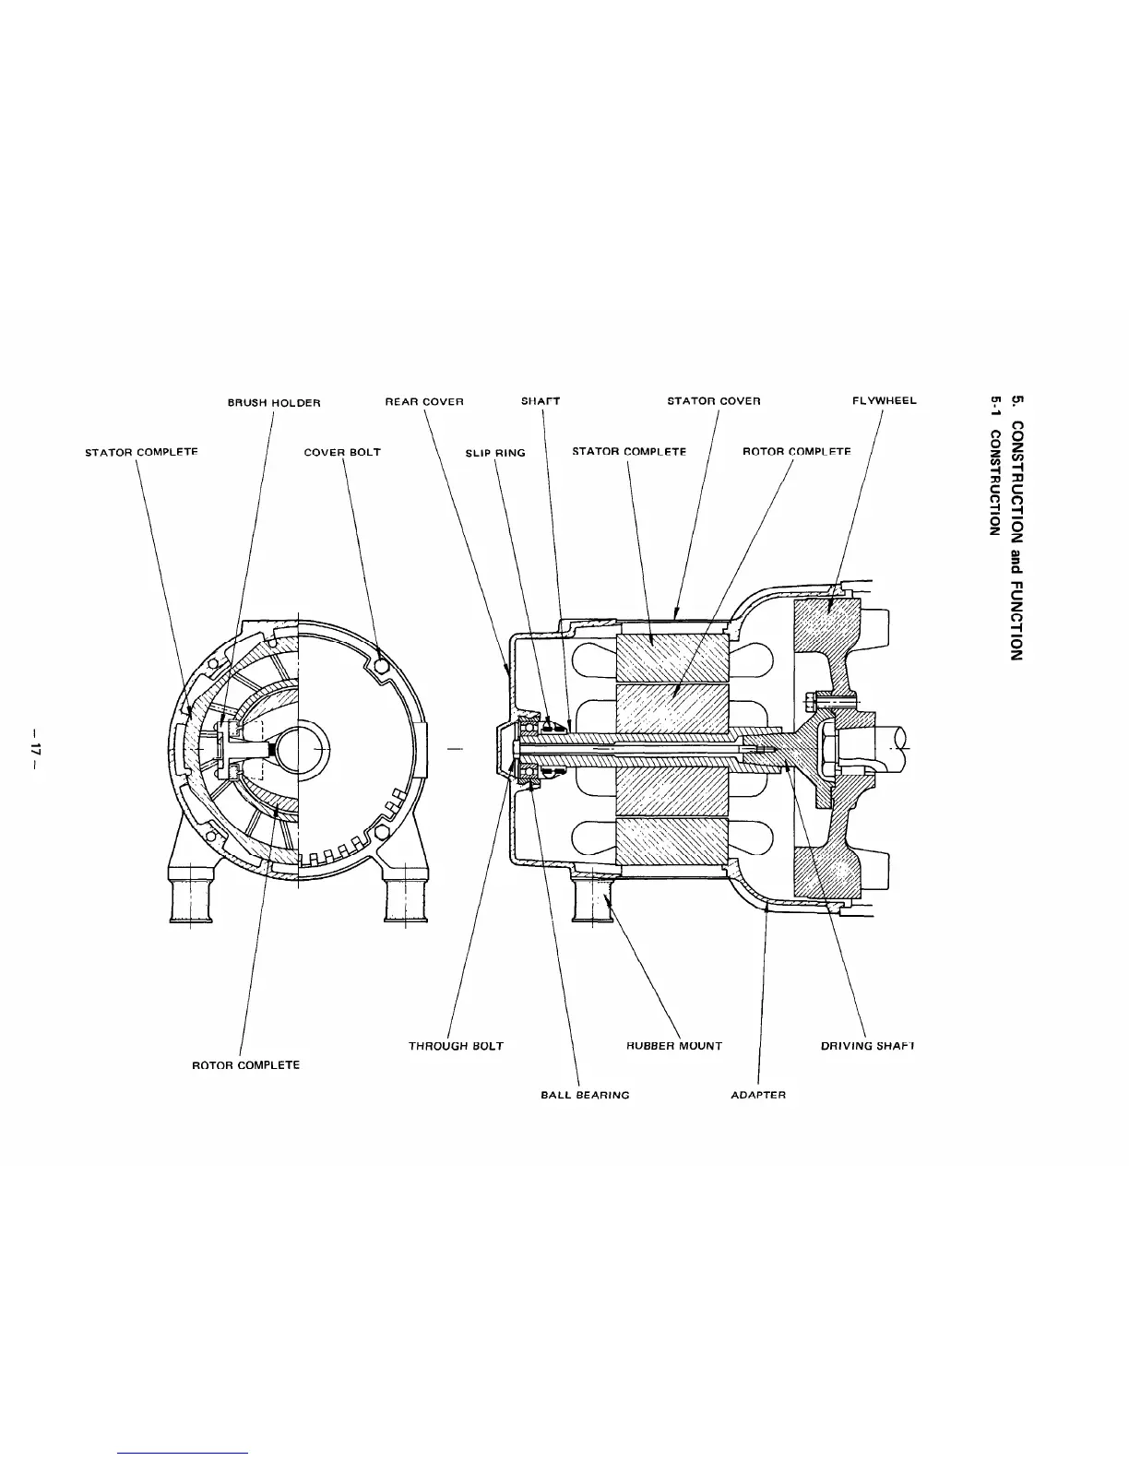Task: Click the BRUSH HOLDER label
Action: pyautogui.click(x=274, y=402)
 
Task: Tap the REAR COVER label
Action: pyautogui.click(x=423, y=402)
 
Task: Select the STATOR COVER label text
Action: pyautogui.click(x=713, y=402)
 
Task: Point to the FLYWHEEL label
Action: pyautogui.click(x=884, y=401)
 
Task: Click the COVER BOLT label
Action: pyautogui.click(x=342, y=453)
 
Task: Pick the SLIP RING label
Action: pyautogui.click(x=495, y=453)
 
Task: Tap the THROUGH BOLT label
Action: pyautogui.click(x=456, y=1046)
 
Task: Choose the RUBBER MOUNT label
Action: pyautogui.click(x=673, y=1046)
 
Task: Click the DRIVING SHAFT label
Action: pyautogui.click(x=867, y=1046)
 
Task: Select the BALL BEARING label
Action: pyautogui.click(x=585, y=1095)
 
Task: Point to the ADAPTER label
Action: pyautogui.click(x=757, y=1095)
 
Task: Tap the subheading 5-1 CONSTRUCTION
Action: pyautogui.click(x=994, y=466)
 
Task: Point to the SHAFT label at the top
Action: pyautogui.click(x=541, y=401)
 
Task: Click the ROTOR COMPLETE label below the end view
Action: pyautogui.click(x=245, y=1065)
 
